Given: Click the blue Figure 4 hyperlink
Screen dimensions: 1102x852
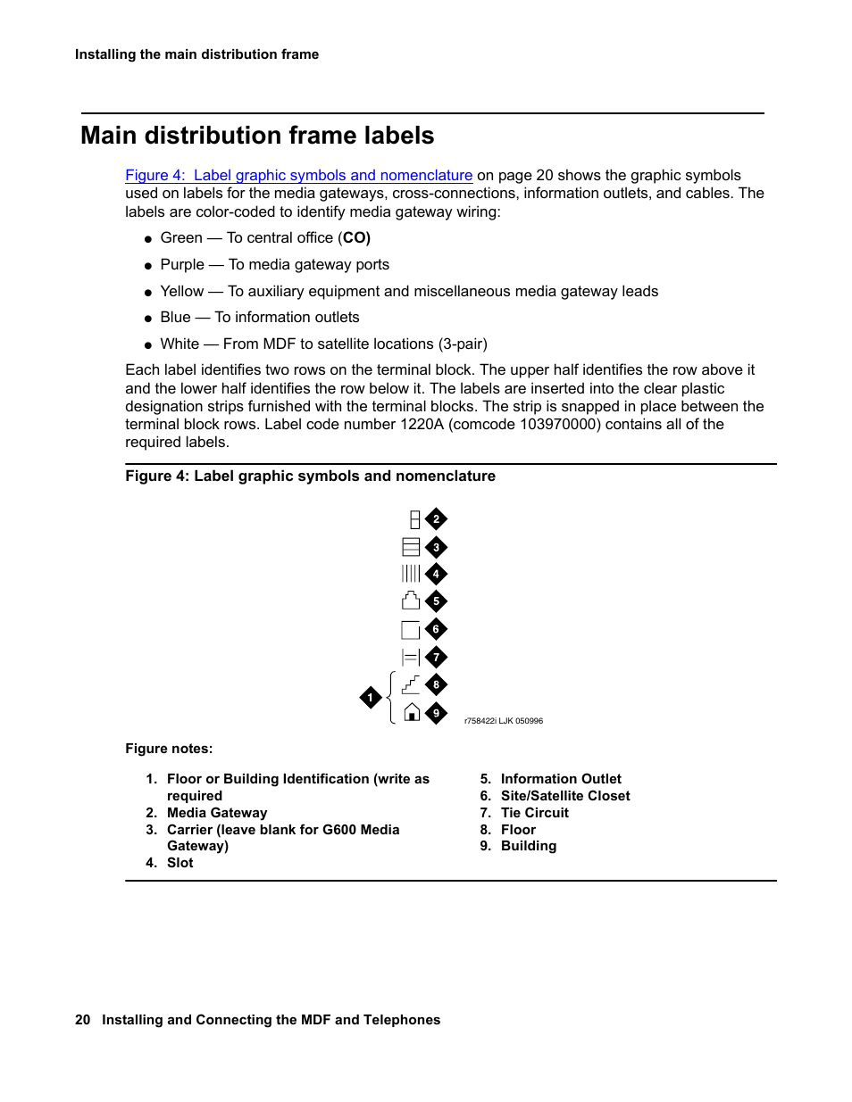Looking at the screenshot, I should pos(298,176).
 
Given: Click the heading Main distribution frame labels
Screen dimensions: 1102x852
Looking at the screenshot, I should pos(257,136).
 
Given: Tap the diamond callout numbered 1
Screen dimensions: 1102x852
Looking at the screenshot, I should pos(371,698).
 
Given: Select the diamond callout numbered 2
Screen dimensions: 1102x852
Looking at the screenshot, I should pos(436,519).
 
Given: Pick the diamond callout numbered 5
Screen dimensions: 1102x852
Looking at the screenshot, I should pos(436,601).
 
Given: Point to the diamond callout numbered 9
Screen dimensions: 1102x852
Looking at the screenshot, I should pos(436,713).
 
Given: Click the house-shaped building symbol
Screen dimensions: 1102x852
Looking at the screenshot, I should pos(412,712).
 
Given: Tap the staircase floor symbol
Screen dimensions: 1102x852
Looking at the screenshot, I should pos(411,684).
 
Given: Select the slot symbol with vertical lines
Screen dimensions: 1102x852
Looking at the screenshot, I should pos(411,574).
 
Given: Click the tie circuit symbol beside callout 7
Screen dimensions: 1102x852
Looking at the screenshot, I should pos(411,658).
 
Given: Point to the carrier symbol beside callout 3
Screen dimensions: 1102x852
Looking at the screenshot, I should pos(411,547).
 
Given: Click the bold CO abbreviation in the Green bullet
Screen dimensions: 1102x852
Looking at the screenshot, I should pos(355,238).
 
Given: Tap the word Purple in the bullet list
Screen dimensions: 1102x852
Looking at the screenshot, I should pos(182,265).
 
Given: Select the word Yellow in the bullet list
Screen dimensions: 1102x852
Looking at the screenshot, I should pos(182,292).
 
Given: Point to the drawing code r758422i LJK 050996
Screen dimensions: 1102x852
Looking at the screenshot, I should pos(504,721).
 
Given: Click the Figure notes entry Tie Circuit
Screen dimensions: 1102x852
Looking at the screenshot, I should pos(534,813).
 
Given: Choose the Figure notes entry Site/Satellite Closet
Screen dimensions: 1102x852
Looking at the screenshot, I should pos(565,796).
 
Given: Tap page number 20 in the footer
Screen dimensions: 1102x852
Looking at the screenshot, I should pos(83,1020).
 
